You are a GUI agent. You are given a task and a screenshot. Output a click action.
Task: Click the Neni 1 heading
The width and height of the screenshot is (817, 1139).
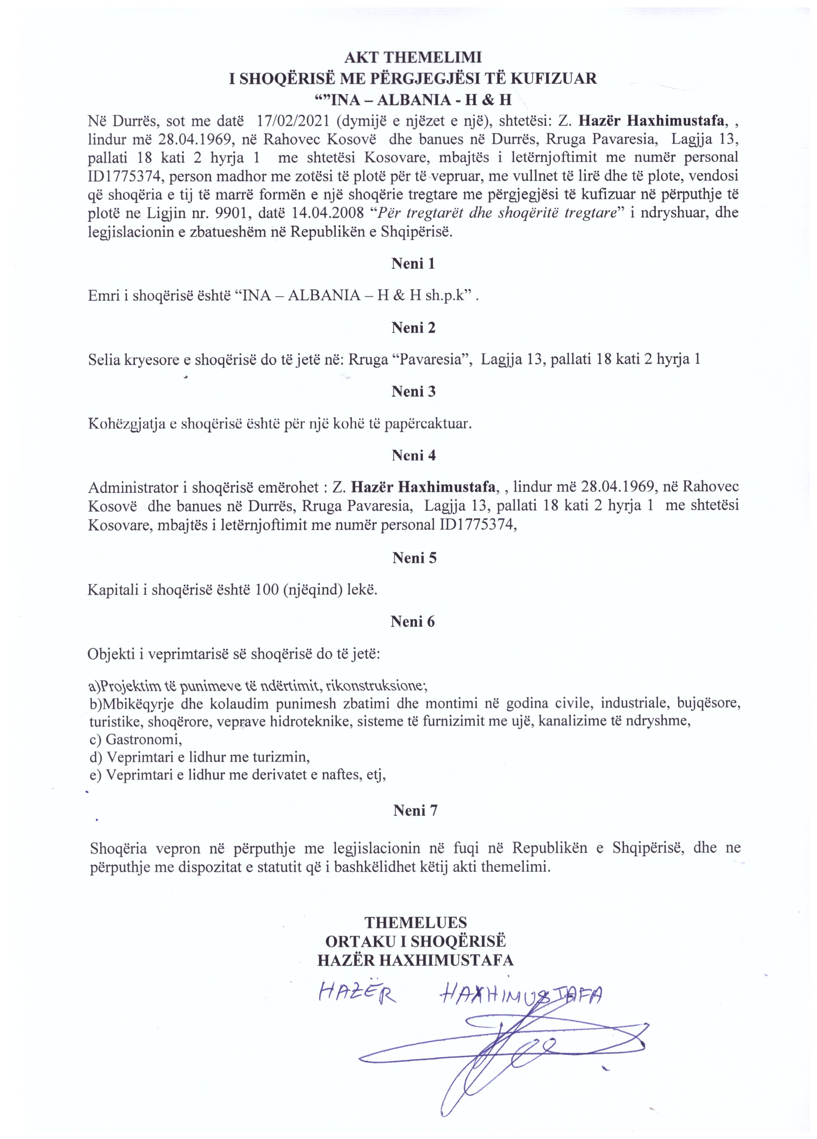point(413,263)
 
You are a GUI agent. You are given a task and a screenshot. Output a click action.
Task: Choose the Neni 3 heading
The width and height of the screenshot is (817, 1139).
point(413,392)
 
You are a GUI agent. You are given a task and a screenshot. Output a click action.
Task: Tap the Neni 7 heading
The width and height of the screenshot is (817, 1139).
point(415,810)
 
